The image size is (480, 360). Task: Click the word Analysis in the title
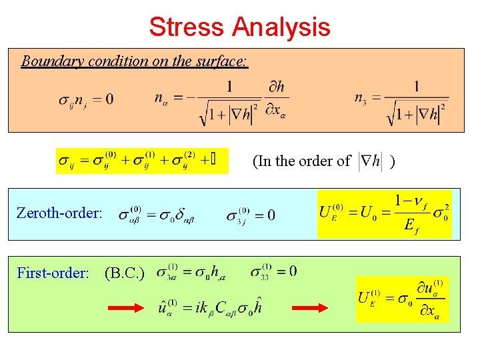281,27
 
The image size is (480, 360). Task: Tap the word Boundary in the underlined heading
49,61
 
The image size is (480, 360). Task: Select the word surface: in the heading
221,61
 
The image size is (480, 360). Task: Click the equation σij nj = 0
86,100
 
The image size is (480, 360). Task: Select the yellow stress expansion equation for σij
141,161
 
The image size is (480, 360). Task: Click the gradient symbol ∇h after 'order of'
369,161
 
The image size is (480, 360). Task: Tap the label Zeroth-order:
60,214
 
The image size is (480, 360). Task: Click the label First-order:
53,273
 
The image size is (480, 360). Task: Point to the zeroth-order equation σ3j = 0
250,215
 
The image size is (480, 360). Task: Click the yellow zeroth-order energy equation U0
385,214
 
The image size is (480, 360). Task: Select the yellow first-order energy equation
403,299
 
